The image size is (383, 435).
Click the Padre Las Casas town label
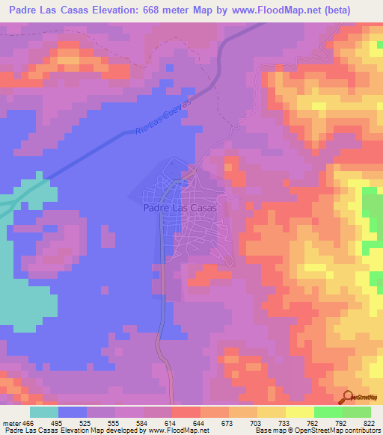(x=180, y=209)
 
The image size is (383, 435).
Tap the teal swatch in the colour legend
(x=44, y=412)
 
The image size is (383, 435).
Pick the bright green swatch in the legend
(x=328, y=412)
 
